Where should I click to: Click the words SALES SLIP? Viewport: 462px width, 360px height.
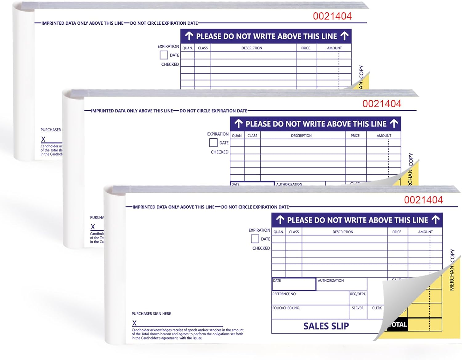(x=326, y=326)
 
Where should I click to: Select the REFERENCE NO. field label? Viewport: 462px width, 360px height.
(x=284, y=294)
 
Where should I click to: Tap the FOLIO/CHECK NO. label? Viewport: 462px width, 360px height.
(x=286, y=308)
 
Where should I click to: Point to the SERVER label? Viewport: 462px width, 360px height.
(x=357, y=308)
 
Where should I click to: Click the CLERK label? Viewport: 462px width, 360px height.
(x=377, y=308)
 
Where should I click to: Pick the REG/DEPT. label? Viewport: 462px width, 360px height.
(x=358, y=294)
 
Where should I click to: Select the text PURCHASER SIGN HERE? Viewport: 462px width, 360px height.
(x=151, y=314)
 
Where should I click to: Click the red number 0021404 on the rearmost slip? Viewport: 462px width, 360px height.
(x=332, y=16)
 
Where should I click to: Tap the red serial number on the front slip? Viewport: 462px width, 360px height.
(x=423, y=200)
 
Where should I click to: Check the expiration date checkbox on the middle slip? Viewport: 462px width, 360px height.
(x=213, y=143)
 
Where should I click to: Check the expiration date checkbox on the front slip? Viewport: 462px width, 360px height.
(x=255, y=239)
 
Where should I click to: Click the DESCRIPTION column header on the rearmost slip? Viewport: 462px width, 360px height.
(x=252, y=48)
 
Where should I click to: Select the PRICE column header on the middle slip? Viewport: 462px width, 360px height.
(x=355, y=136)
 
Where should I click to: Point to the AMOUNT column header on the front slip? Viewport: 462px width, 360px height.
(x=425, y=232)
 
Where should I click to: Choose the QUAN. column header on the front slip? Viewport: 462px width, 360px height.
(x=278, y=232)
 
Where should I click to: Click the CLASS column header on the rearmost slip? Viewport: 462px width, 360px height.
(x=203, y=48)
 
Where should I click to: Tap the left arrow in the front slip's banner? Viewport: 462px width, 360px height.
(x=280, y=220)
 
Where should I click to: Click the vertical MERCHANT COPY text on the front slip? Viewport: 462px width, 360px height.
(x=452, y=270)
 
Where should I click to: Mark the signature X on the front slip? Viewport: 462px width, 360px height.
(x=134, y=323)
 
